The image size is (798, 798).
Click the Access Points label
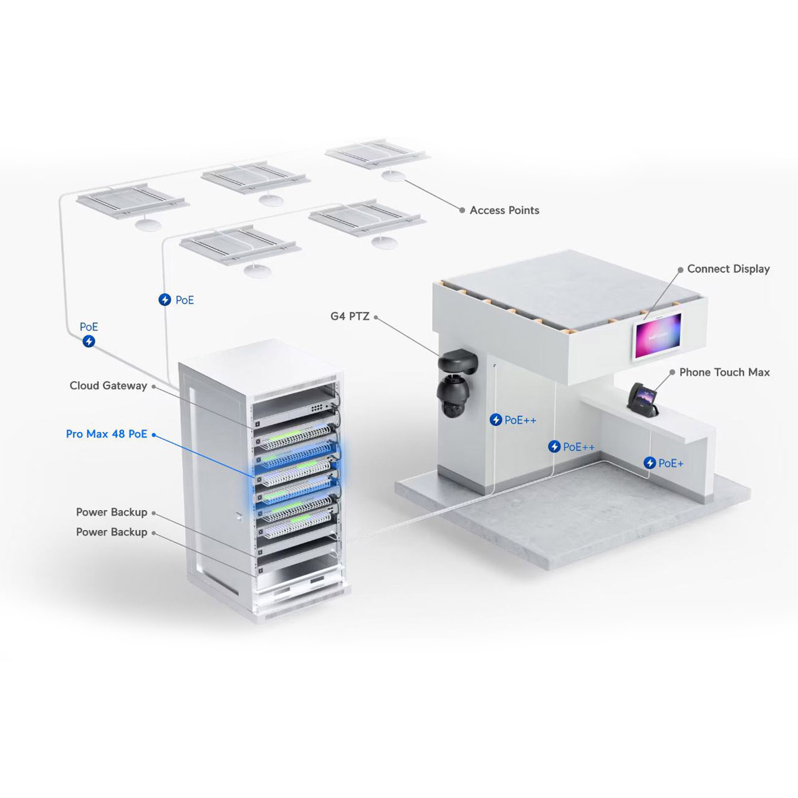pos(504,210)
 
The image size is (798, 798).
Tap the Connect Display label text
pos(728,269)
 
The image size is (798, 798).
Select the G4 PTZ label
pos(350,316)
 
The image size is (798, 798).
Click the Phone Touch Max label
pos(724,372)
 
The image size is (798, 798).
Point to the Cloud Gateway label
pos(108,385)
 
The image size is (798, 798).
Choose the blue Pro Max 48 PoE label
pos(107,433)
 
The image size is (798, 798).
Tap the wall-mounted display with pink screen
pos(658,336)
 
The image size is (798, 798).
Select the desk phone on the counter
pos(642,400)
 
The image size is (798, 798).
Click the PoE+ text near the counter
pos(670,463)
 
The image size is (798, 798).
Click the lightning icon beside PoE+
pos(650,463)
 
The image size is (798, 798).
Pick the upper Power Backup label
pos(112,512)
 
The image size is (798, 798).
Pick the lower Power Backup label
pos(112,532)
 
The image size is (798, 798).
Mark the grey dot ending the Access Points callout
pos(462,210)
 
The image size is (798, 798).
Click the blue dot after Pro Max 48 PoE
pos(153,435)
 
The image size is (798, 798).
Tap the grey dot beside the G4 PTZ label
pos(376,317)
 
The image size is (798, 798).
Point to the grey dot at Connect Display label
pos(680,269)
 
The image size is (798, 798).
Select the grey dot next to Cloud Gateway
pos(153,387)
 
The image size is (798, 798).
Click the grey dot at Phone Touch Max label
pos(672,373)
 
